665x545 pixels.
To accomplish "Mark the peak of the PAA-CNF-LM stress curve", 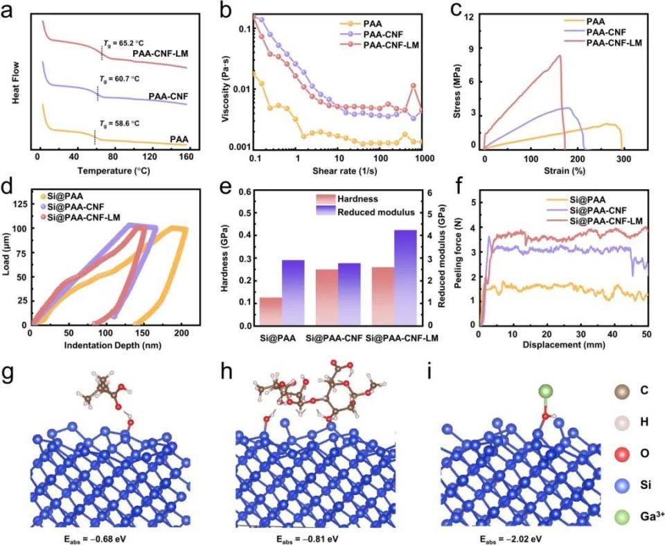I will (x=559, y=55).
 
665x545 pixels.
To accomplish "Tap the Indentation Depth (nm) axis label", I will (x=113, y=344).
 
